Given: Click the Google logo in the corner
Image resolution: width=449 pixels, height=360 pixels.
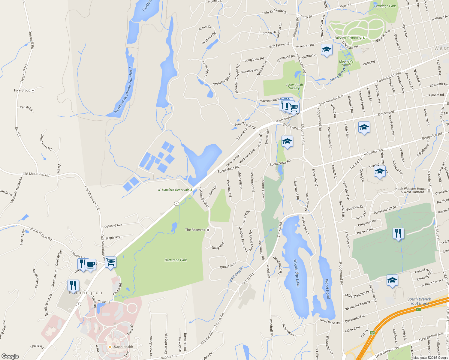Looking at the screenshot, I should (x=10, y=356).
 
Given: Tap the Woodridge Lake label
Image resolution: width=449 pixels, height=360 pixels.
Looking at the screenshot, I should (x=296, y=273).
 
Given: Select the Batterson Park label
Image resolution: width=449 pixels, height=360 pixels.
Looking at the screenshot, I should (x=176, y=260).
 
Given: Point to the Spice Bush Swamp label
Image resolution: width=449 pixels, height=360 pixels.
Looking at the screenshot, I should (x=294, y=86).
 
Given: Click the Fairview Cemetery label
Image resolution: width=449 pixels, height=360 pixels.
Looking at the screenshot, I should (x=348, y=38).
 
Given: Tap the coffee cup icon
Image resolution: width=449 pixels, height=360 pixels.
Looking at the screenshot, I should (x=90, y=265).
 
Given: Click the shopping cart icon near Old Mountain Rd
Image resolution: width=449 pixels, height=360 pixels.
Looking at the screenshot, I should (x=111, y=262).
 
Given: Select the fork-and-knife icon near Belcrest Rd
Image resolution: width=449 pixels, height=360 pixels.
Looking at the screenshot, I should (x=398, y=233).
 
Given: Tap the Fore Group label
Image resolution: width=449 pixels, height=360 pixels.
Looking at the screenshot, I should (x=23, y=90).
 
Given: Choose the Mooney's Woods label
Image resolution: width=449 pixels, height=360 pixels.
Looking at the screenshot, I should (x=346, y=63).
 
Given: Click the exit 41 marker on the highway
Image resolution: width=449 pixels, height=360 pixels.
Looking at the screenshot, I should (x=418, y=309).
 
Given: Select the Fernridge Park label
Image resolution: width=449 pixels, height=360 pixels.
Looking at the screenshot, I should (x=385, y=6).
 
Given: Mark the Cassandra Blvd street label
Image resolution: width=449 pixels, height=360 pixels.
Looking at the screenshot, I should (x=204, y=197).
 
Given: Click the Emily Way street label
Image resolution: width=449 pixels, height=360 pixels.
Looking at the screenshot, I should (x=218, y=246).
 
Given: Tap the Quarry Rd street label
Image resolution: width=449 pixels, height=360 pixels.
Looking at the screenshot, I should (x=37, y=346).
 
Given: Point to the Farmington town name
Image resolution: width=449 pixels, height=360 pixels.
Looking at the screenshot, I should (x=86, y=292).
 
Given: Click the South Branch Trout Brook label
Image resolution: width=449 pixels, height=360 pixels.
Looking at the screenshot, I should (x=419, y=301).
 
